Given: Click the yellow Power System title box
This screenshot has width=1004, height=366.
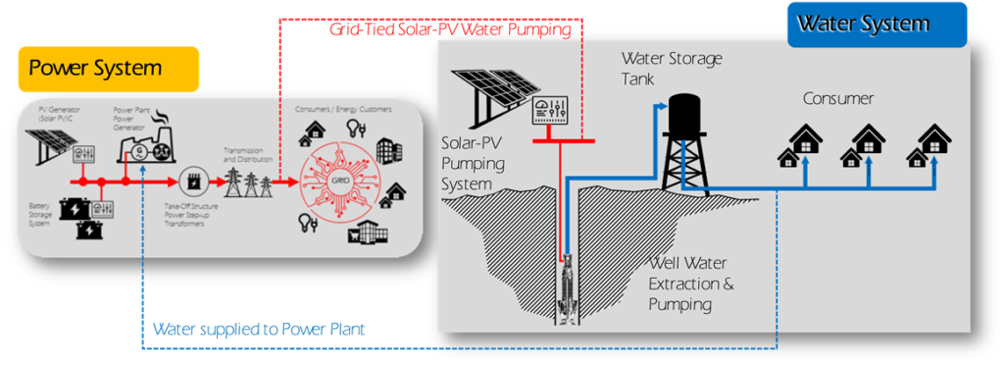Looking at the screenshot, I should pyautogui.click(x=108, y=69).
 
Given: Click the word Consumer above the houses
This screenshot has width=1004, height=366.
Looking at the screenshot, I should pyautogui.click(x=837, y=99).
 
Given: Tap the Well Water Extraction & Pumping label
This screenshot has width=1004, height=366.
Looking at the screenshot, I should pyautogui.click(x=690, y=284).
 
